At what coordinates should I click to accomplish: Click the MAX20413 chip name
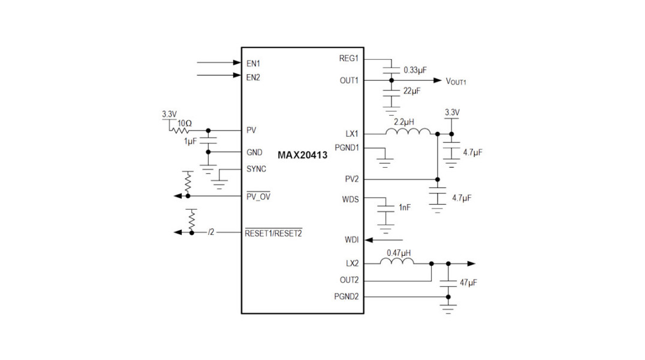(302, 155)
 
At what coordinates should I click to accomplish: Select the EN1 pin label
(253, 63)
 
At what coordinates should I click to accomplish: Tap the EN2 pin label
(253, 77)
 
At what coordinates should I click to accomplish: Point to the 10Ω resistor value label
(183, 123)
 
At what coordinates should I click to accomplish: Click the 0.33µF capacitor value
(415, 70)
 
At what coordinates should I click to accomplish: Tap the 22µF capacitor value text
(411, 91)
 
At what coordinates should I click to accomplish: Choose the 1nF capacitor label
(405, 207)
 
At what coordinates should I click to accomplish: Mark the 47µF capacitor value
(468, 282)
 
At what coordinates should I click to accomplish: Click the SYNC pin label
(256, 169)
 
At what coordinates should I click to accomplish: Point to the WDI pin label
(351, 240)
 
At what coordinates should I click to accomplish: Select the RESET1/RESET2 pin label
(273, 233)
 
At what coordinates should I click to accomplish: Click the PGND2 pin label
(346, 296)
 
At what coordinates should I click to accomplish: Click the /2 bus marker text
(210, 232)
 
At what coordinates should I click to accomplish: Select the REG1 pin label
(348, 59)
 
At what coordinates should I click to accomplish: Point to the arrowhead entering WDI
(369, 240)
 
